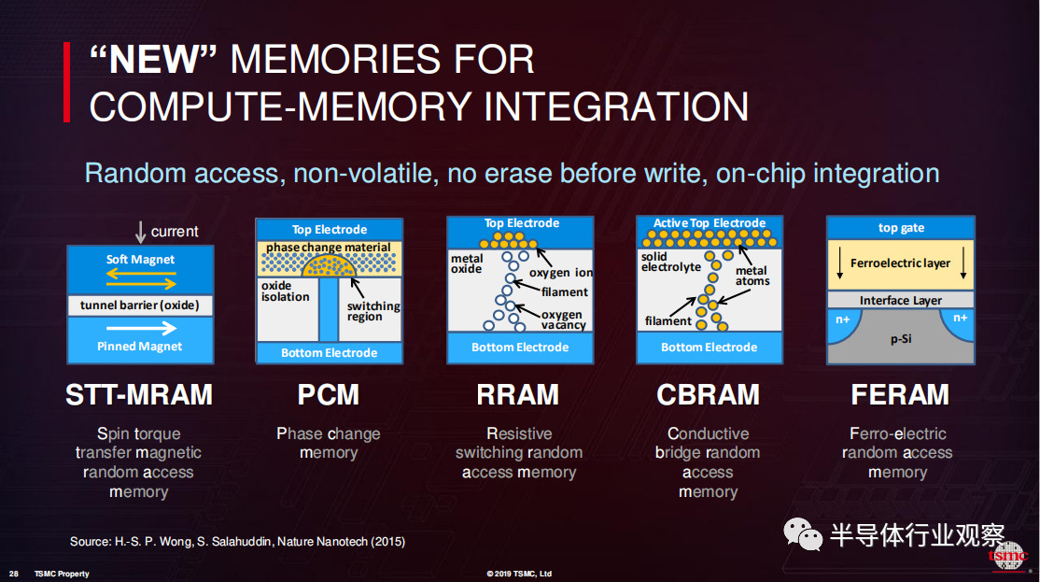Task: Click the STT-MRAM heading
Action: (138, 395)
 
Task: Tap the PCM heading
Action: (329, 395)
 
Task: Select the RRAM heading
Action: (518, 395)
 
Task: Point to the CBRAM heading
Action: (708, 395)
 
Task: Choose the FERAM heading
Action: (900, 395)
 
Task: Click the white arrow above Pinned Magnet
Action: (141, 328)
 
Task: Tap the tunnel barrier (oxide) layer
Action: (140, 305)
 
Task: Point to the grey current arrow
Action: (141, 233)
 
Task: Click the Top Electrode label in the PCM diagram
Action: (330, 230)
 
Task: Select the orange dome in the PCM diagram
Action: (329, 267)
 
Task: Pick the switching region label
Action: (373, 311)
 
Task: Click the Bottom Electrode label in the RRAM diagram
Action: (520, 348)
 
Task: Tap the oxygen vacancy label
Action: (563, 319)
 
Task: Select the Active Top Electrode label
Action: (709, 223)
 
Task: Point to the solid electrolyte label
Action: (670, 263)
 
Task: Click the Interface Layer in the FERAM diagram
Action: (901, 300)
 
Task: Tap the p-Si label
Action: (901, 339)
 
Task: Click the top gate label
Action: (902, 228)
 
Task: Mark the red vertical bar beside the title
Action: (66, 82)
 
